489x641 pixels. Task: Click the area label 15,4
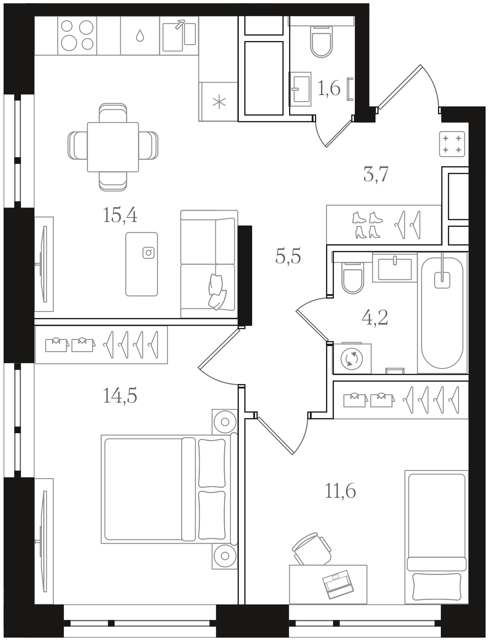click(x=120, y=215)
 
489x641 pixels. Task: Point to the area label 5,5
click(x=288, y=256)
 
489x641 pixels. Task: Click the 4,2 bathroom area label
click(x=374, y=318)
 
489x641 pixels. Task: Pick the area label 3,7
click(x=376, y=174)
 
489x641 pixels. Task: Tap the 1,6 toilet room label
click(x=329, y=89)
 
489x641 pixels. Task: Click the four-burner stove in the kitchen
click(x=77, y=35)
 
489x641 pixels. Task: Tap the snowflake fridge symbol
click(x=219, y=102)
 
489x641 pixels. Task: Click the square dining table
click(x=113, y=147)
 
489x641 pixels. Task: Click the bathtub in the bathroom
click(x=442, y=313)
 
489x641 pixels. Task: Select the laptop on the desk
click(x=338, y=585)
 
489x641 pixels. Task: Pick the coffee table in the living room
click(x=141, y=264)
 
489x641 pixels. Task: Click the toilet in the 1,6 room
click(x=321, y=41)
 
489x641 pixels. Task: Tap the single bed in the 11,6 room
click(x=436, y=537)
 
